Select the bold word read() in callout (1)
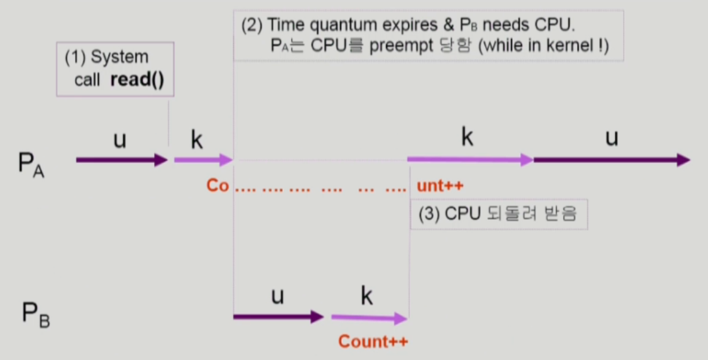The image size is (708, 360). coord(137,81)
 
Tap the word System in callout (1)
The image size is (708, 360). coord(120,57)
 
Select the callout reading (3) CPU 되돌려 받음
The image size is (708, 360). coord(498,214)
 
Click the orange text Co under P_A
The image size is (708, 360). coord(217,186)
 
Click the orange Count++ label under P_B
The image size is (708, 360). coord(373,342)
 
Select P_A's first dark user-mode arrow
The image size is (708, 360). coord(121,161)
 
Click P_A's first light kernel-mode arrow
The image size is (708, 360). coord(203,161)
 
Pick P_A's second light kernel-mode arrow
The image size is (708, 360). coord(470,160)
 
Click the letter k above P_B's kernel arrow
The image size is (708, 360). coord(367,296)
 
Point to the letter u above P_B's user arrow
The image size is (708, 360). coord(277,296)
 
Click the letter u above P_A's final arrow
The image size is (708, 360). coord(611,138)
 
